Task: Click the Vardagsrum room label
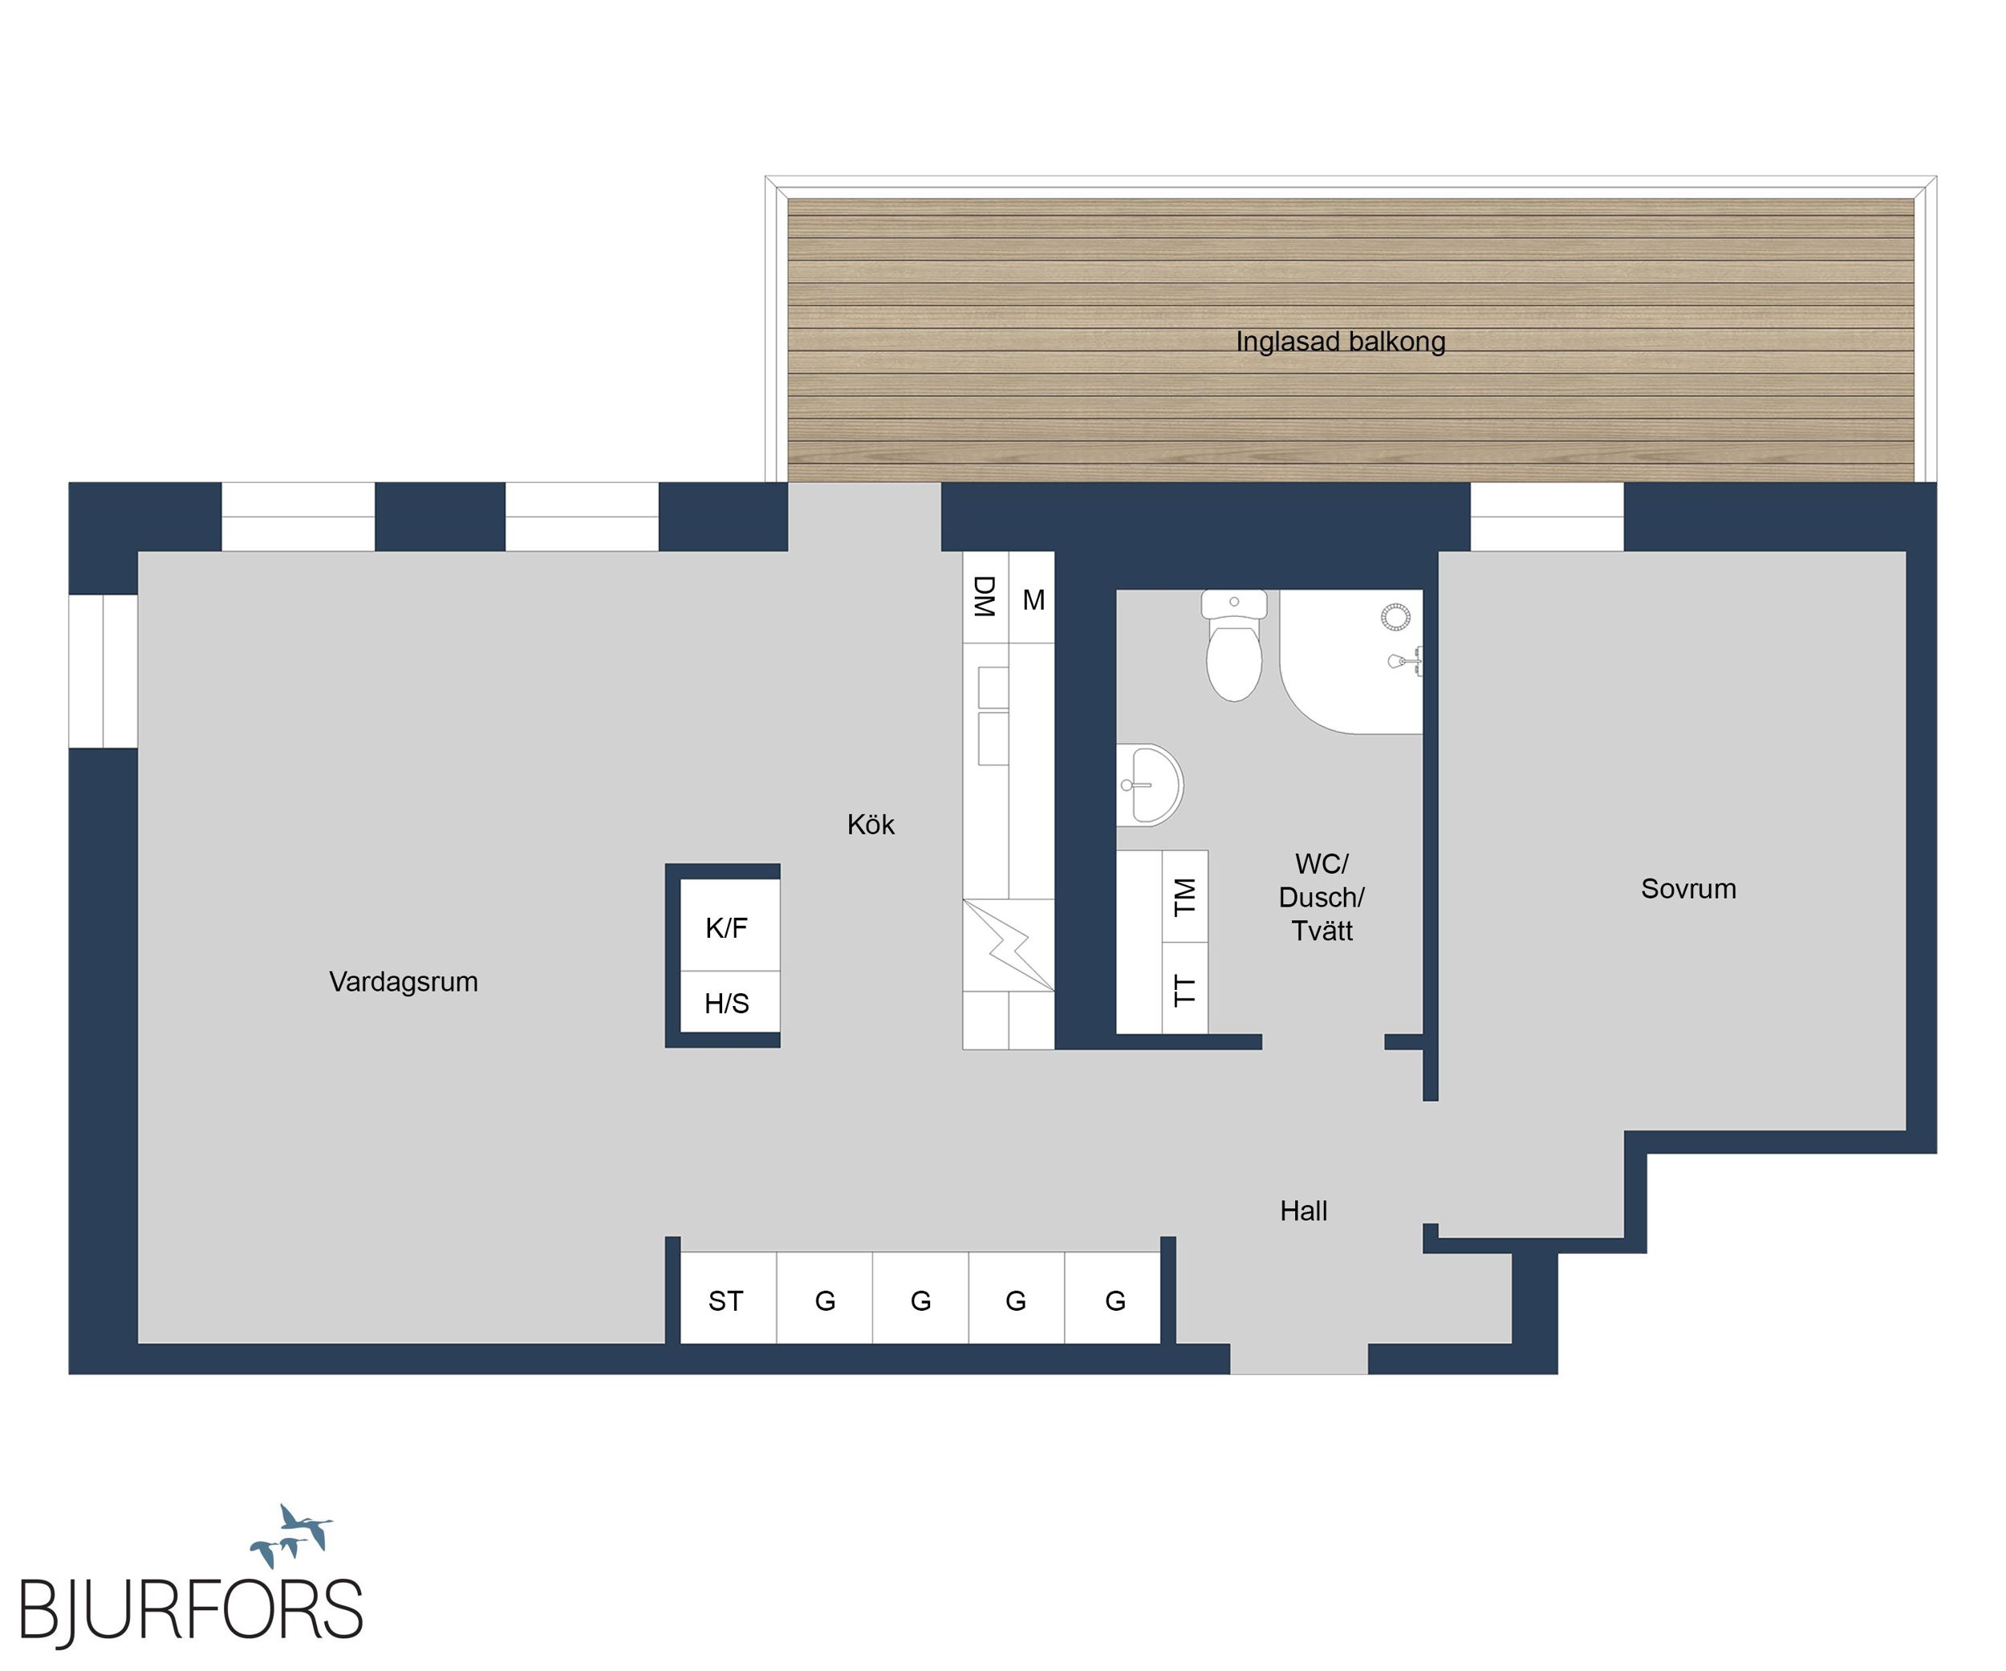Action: click(403, 982)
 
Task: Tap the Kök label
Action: click(871, 824)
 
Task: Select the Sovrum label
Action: click(1688, 889)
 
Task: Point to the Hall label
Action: click(1303, 1211)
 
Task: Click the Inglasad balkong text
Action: click(1340, 342)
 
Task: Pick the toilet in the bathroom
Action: click(1234, 646)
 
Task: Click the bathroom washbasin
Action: click(1150, 785)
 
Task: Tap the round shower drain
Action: click(1395, 617)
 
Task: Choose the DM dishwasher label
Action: click(984, 597)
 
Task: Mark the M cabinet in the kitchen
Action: click(1032, 598)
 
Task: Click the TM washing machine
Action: click(1184, 897)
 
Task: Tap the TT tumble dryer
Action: click(1184, 988)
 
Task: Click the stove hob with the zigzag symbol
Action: click(1008, 945)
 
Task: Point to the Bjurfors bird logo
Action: click(291, 1535)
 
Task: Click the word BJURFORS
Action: click(191, 1610)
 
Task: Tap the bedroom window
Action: click(1546, 517)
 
